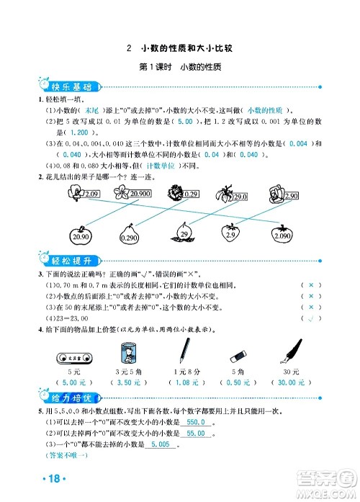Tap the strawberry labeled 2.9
point(230,233)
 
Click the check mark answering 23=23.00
point(310,318)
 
